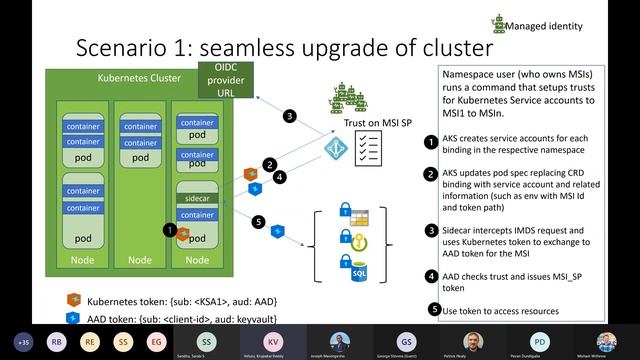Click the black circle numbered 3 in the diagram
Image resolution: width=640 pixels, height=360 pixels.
click(x=289, y=116)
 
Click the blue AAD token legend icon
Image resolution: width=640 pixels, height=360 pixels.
click(x=73, y=316)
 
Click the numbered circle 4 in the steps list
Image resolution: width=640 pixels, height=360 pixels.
click(x=431, y=276)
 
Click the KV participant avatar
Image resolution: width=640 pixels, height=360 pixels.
click(x=273, y=340)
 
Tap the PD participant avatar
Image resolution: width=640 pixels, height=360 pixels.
click(x=540, y=340)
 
